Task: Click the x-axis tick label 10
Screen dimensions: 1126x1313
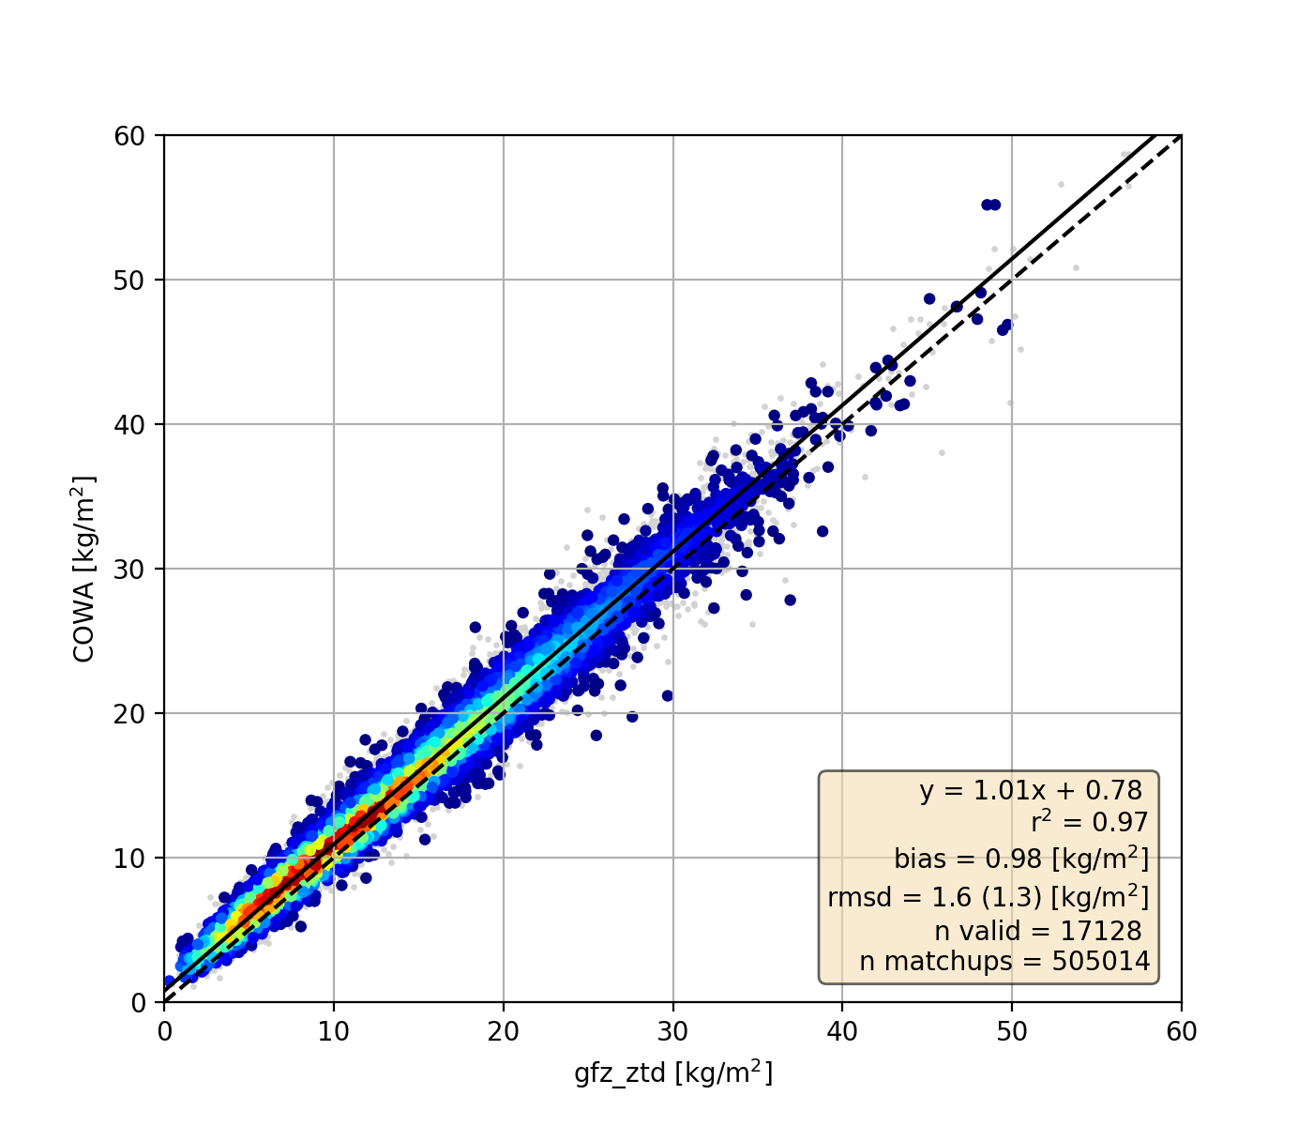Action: click(334, 1032)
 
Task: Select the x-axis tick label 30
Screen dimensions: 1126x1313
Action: click(672, 1032)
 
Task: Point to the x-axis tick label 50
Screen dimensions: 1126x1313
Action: click(1011, 1032)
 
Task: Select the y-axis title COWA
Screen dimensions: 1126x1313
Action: click(84, 569)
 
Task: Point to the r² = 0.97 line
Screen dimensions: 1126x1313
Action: click(1089, 823)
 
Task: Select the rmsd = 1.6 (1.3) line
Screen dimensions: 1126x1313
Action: click(988, 897)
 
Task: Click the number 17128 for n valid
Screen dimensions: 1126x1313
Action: click(1101, 931)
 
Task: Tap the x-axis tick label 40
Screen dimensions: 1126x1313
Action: click(841, 1032)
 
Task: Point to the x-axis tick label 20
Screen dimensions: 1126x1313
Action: click(503, 1032)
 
